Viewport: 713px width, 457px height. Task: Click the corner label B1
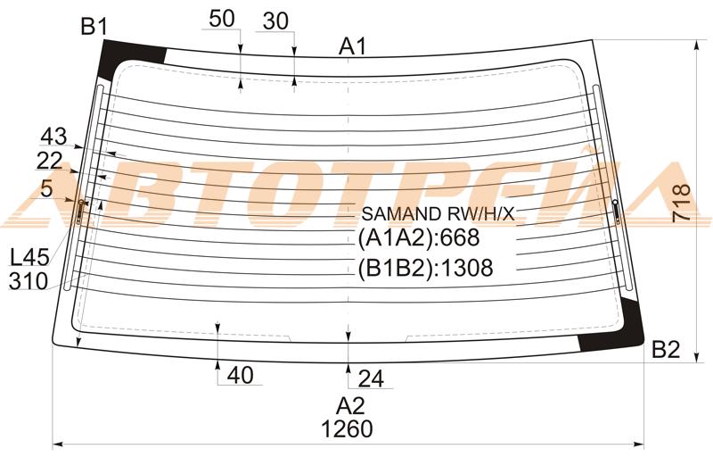[x=94, y=27]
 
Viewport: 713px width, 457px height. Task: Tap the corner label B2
[x=666, y=350]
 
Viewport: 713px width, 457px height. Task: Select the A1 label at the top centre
[x=352, y=46]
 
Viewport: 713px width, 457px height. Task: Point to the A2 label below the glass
[x=350, y=405]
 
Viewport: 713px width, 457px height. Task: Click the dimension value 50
[x=222, y=19]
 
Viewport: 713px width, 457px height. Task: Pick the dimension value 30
[x=275, y=21]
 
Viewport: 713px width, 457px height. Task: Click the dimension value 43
[x=53, y=136]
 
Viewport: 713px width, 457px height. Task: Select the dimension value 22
[x=50, y=161]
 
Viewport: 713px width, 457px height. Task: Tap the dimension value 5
[x=47, y=188]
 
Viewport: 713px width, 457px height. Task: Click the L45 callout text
[x=29, y=258]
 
